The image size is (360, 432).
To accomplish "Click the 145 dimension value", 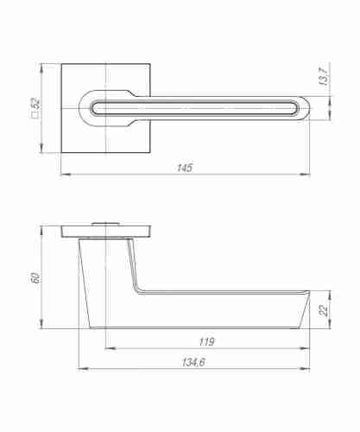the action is (x=185, y=168).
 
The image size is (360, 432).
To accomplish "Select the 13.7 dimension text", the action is (x=323, y=76).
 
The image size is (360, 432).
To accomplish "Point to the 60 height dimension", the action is (x=35, y=277).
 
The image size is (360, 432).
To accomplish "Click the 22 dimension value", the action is (x=324, y=310).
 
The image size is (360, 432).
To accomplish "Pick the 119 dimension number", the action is (x=206, y=341).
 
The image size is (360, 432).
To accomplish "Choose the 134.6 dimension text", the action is (x=193, y=362).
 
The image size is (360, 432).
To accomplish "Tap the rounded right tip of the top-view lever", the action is (x=310, y=108).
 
